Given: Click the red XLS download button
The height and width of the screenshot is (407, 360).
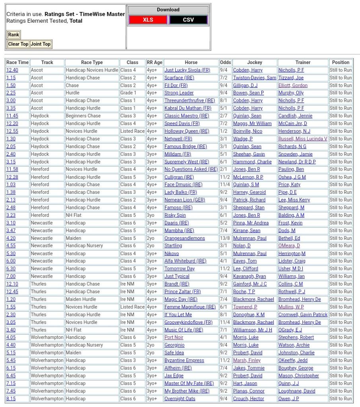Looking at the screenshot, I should pyautogui.click(x=148, y=19).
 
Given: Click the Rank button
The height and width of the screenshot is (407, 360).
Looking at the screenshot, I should pyautogui.click(x=14, y=35).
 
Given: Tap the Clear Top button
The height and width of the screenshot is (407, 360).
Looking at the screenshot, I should pyautogui.click(x=18, y=44).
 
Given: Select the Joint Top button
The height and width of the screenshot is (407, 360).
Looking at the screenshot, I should pyautogui.click(x=41, y=44).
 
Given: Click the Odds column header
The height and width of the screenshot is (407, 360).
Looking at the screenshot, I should pyautogui.click(x=225, y=62).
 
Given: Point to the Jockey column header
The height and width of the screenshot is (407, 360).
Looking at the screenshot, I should pyautogui.click(x=255, y=62).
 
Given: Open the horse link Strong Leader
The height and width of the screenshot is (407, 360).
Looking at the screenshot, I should pyautogui.click(x=179, y=93).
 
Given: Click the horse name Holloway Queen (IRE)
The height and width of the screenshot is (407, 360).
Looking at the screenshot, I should pyautogui.click(x=187, y=131).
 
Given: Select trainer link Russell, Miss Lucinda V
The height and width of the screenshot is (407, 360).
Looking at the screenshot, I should pyautogui.click(x=303, y=139).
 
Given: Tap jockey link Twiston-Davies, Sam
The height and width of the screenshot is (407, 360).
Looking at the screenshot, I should pyautogui.click(x=255, y=78).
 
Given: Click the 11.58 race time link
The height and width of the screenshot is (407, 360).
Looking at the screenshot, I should pyautogui.click(x=12, y=169).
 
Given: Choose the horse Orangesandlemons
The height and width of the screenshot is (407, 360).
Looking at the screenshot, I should pyautogui.click(x=185, y=238).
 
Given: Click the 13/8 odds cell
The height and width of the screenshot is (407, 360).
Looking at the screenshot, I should pyautogui.click(x=225, y=238).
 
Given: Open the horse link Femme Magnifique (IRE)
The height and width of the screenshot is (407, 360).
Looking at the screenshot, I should pyautogui.click(x=190, y=307).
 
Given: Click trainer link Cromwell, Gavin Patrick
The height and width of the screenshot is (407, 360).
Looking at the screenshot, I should pyautogui.click(x=303, y=315).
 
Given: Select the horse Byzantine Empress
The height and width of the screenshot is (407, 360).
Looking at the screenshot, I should pyautogui.click(x=184, y=360).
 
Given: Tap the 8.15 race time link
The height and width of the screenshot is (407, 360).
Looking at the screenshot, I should pyautogui.click(x=11, y=399).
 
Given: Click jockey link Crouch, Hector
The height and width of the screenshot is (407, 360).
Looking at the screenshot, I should pyautogui.click(x=249, y=399).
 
